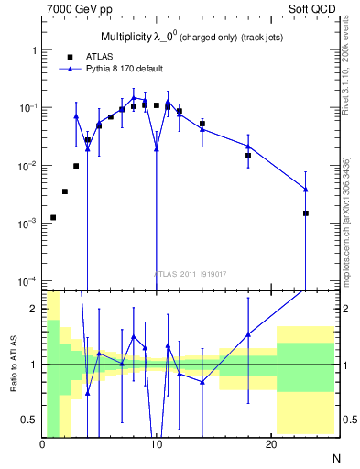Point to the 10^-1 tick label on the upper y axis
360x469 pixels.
pyautogui.click(x=27, y=108)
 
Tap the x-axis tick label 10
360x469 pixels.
pyautogui.click(x=157, y=444)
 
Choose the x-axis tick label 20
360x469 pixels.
pyautogui.click(x=271, y=444)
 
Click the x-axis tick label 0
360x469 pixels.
pyautogui.click(x=42, y=444)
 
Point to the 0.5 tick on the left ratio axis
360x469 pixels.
pyautogui.click(x=30, y=420)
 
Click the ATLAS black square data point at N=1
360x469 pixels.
pyautogui.click(x=53, y=217)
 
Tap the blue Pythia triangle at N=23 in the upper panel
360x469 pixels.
pyautogui.click(x=305, y=190)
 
